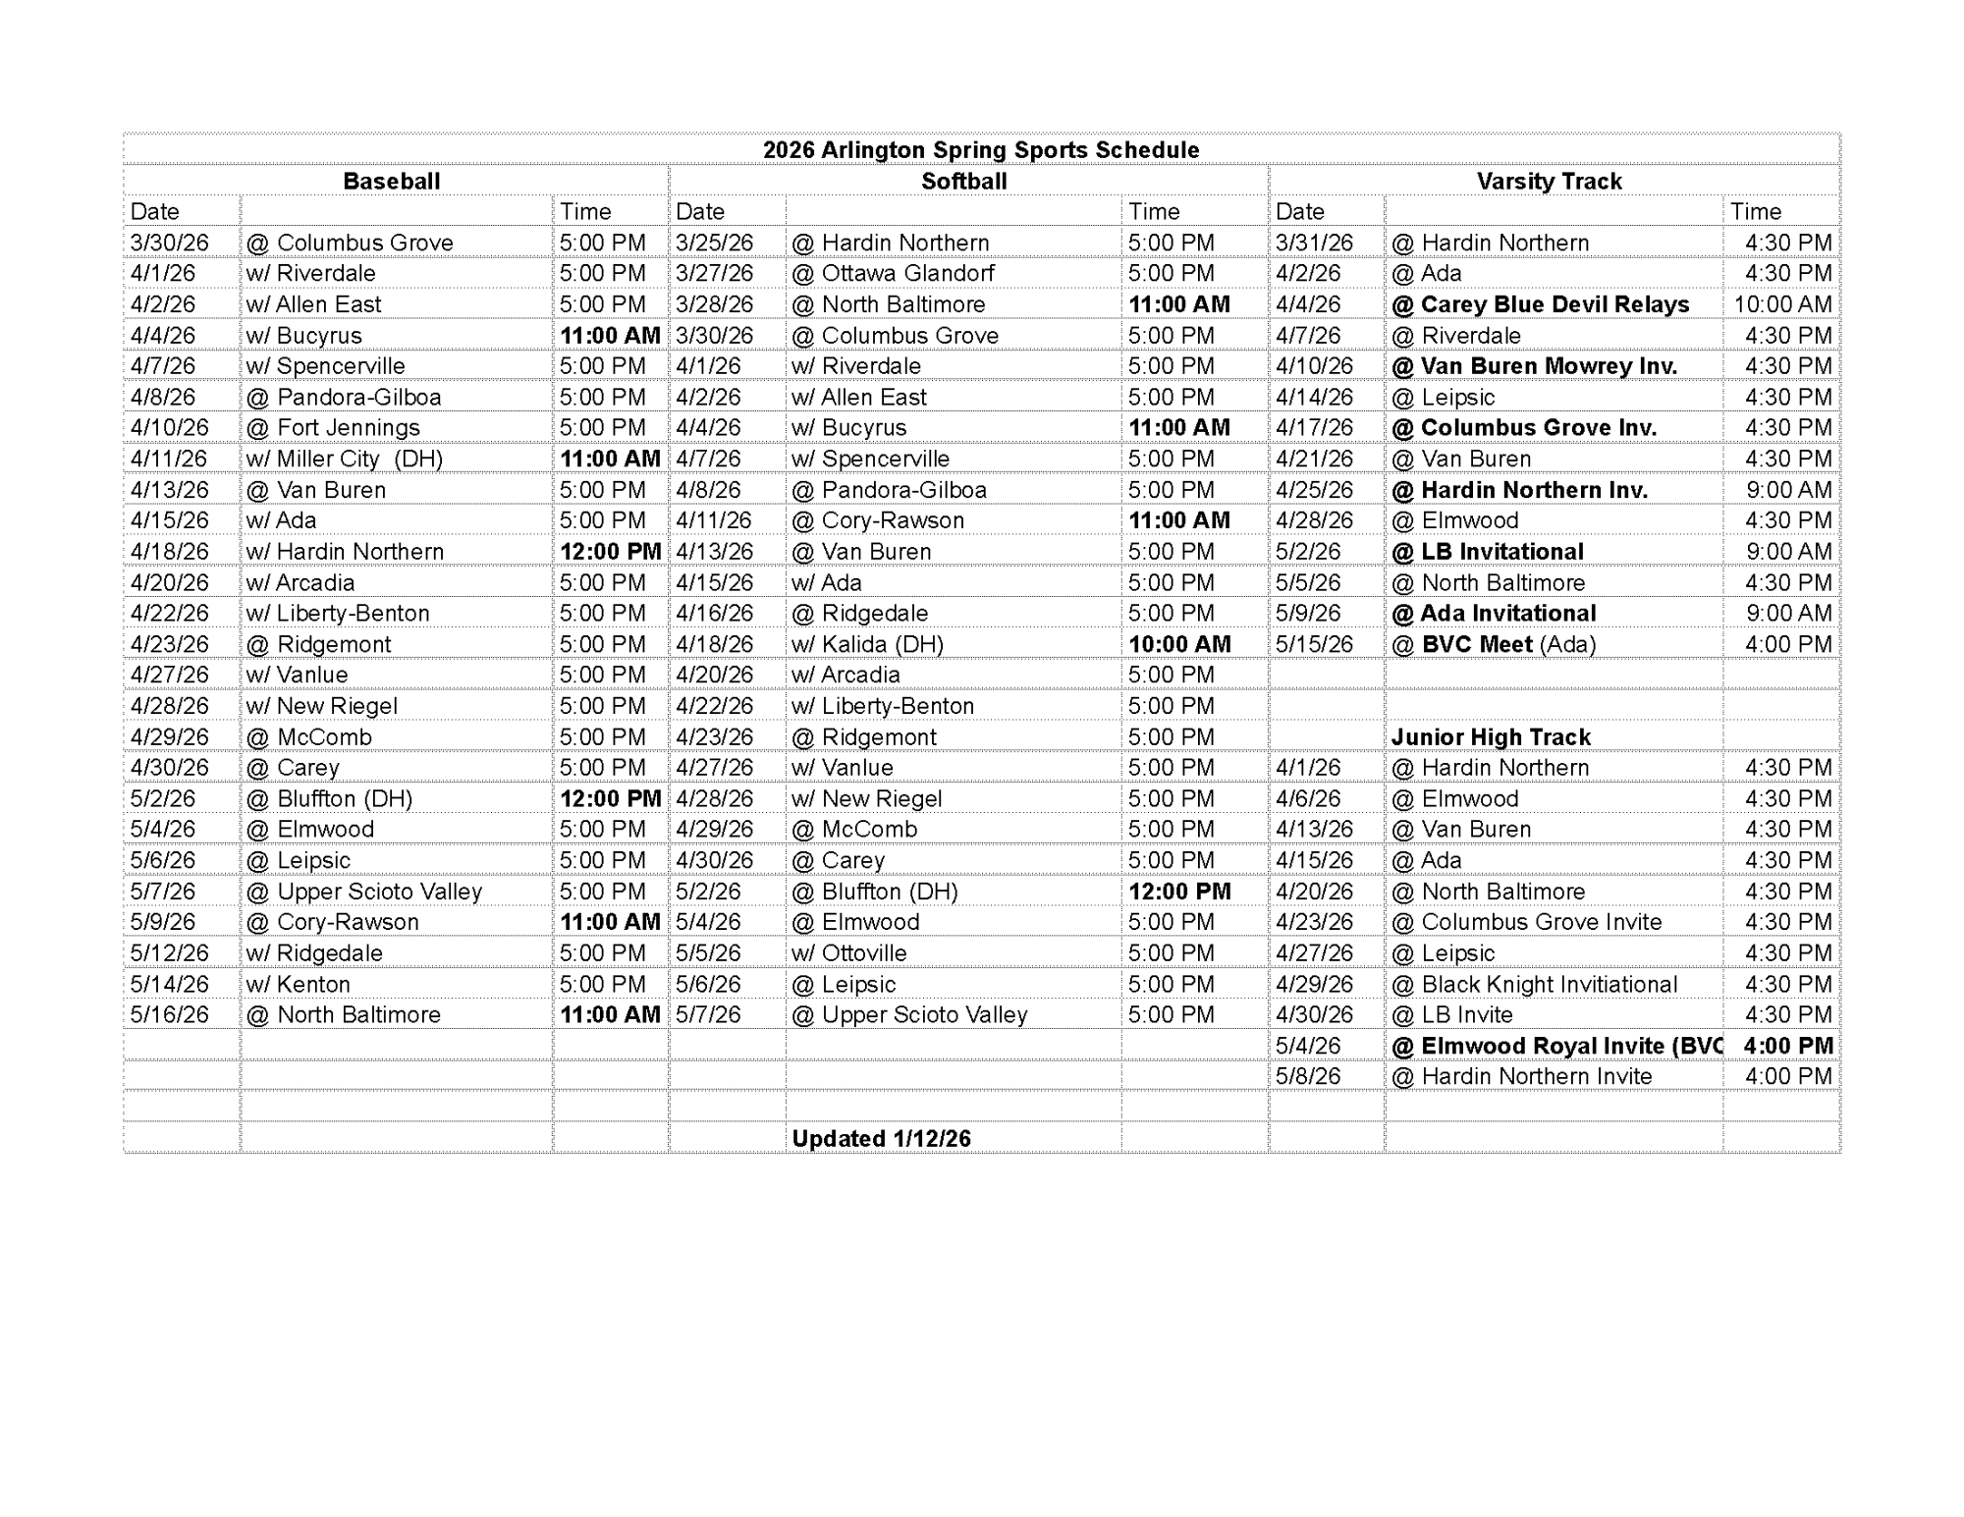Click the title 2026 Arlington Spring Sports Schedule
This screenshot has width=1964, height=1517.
pyautogui.click(x=981, y=150)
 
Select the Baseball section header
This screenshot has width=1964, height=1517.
pyautogui.click(x=391, y=182)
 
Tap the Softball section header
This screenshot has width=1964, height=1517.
pyautogui.click(x=963, y=182)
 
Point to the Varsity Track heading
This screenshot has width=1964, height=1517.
pyautogui.click(x=1549, y=182)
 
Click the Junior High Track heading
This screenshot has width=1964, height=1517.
pyautogui.click(x=1491, y=737)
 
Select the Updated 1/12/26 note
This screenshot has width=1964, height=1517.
pyautogui.click(x=881, y=1139)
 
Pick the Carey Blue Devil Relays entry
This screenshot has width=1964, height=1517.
pyautogui.click(x=1540, y=304)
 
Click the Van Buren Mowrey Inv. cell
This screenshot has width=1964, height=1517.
pyautogui.click(x=1534, y=366)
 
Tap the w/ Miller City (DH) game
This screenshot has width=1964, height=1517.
pyautogui.click(x=344, y=459)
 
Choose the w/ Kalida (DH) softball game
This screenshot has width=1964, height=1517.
pyautogui.click(x=867, y=644)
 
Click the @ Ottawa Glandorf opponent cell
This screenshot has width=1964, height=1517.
pyautogui.click(x=893, y=273)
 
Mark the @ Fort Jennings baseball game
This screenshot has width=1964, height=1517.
pyautogui.click(x=333, y=428)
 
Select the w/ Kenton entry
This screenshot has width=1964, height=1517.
pyautogui.click(x=298, y=984)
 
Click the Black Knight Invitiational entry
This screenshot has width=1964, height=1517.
pyautogui.click(x=1534, y=984)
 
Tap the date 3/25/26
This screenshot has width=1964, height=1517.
pyautogui.click(x=714, y=243)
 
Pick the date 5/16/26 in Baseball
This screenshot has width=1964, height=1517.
pyautogui.click(x=169, y=1014)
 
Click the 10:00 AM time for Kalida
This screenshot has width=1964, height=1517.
pyautogui.click(x=1178, y=644)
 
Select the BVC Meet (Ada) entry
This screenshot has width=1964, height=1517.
pyautogui.click(x=1493, y=644)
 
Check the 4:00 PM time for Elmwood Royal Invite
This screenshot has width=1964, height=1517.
pyautogui.click(x=1787, y=1046)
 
